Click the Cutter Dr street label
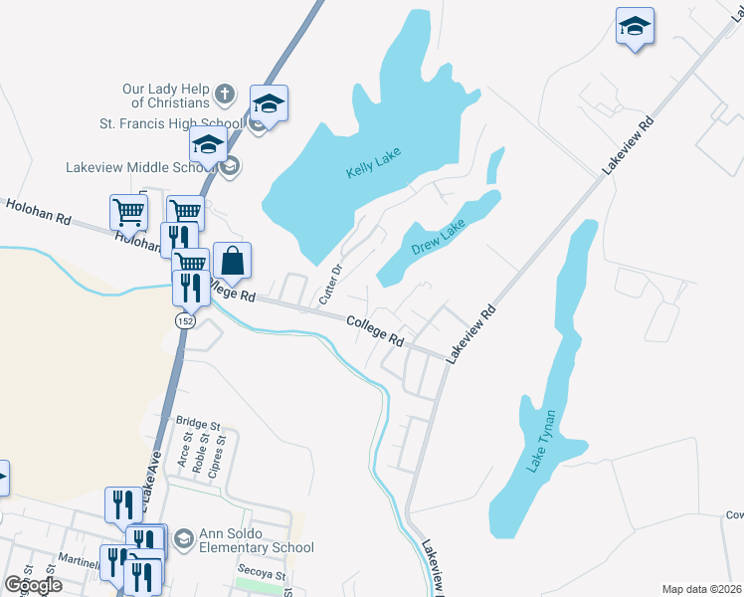click(329, 285)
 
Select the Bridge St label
click(197, 423)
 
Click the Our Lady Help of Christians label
click(166, 96)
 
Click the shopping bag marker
click(232, 261)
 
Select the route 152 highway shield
click(184, 321)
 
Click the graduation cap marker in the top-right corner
click(635, 27)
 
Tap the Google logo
click(34, 585)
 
